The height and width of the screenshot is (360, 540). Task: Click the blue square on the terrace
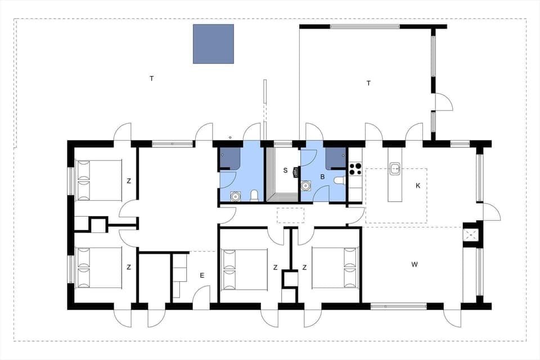pos(213,43)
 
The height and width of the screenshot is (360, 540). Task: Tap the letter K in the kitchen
pos(418,186)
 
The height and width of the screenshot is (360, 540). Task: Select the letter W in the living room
pos(415,264)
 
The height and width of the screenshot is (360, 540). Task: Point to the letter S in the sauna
pos(285,170)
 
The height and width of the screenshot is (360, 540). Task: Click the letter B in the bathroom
pos(322,177)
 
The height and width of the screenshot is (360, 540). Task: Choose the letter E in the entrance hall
pos(201,275)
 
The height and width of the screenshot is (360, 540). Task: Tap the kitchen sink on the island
pos(394,167)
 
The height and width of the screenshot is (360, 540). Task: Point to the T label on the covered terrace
pos(368,83)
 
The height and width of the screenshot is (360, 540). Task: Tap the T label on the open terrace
pos(151,79)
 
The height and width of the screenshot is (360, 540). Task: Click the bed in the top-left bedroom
pos(100,180)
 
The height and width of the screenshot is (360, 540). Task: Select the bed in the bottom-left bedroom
pos(100,268)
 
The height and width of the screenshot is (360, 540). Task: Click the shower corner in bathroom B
pos(335,158)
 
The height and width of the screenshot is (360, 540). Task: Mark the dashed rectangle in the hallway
pos(290,215)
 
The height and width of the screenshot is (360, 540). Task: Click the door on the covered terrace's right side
pos(443,102)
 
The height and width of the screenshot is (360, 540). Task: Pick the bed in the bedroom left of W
pos(335,268)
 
